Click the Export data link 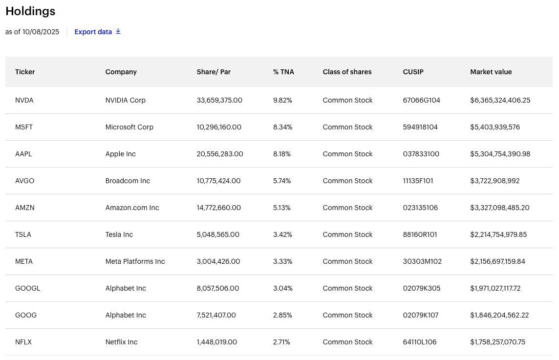coord(93,32)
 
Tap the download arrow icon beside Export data coord(118,32)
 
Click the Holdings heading coord(30,11)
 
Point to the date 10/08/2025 coord(41,32)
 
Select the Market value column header coord(491,72)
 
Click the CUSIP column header coord(413,72)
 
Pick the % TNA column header coord(283,72)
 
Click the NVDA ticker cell coord(24,100)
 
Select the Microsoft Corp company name coord(129,127)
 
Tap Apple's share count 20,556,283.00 coord(219,154)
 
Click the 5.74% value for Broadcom coord(282,181)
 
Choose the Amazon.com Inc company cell coord(132,208)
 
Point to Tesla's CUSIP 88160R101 coord(420,234)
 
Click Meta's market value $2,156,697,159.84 coord(497,261)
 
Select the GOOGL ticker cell coord(28,288)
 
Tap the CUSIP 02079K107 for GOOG coord(421,315)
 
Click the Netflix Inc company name coord(121,342)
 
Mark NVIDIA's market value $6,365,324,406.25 coord(500,100)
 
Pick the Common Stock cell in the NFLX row coord(347,342)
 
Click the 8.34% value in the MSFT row coord(282,127)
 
